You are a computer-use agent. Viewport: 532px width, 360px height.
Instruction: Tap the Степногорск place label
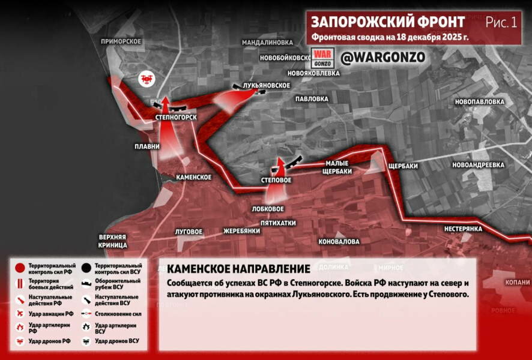(x=175, y=117)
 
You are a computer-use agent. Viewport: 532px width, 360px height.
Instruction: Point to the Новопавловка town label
(x=479, y=102)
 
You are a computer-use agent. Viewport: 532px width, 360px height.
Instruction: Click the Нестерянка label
(x=464, y=229)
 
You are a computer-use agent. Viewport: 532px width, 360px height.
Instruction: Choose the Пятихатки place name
(x=274, y=223)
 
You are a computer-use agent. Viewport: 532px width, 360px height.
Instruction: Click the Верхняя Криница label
(x=113, y=241)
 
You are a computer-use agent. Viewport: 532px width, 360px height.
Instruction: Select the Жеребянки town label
(x=241, y=230)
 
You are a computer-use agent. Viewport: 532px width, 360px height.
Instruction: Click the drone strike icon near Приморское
(x=146, y=78)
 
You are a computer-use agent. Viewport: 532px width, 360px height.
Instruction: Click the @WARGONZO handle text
(x=382, y=57)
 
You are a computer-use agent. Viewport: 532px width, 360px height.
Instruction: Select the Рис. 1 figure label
(x=501, y=23)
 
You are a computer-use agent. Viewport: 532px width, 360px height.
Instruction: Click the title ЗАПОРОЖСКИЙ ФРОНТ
(x=387, y=22)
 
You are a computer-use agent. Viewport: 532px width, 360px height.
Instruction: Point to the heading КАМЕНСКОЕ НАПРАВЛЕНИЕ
(x=238, y=269)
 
